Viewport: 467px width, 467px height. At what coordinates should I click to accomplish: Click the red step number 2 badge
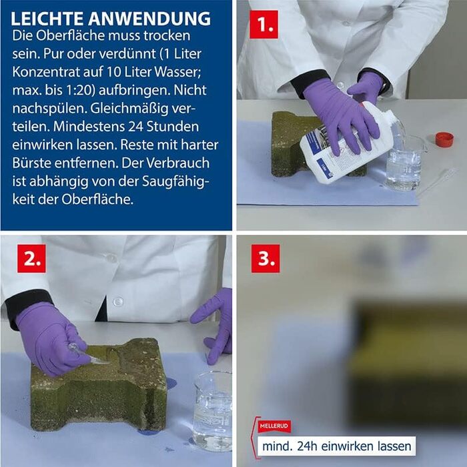click(31, 258)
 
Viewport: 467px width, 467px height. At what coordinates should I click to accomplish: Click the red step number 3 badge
click(265, 258)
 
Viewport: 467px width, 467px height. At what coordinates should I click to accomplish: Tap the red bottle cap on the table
click(444, 139)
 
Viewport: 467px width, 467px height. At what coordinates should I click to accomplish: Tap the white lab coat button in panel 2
click(118, 302)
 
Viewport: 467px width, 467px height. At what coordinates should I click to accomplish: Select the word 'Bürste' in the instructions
click(33, 163)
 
